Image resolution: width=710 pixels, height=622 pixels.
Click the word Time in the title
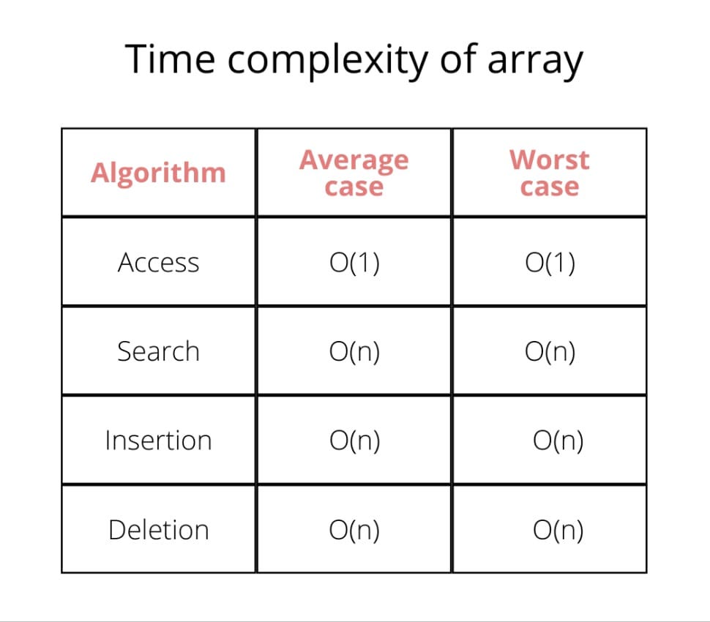[x=170, y=59]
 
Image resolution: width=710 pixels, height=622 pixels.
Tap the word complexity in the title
[x=328, y=61]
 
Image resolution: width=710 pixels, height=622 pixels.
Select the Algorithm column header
[x=158, y=173]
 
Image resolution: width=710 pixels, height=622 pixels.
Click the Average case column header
[x=354, y=173]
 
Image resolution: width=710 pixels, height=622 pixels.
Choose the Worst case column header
[x=549, y=173]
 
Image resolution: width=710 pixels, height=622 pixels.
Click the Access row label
[x=159, y=263]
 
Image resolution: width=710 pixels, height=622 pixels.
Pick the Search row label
[x=159, y=351]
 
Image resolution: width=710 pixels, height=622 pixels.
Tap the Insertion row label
[x=159, y=441]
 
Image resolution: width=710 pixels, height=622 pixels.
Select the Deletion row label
[x=159, y=530]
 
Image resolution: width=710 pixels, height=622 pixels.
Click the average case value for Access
[x=354, y=263]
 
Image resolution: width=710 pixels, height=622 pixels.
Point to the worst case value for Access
[x=550, y=263]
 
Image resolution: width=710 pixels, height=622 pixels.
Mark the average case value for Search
[x=354, y=352]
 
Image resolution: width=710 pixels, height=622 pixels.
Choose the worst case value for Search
[x=550, y=352]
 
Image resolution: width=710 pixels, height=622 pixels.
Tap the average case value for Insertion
[x=354, y=441]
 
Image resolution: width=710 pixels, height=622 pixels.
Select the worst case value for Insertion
[x=558, y=441]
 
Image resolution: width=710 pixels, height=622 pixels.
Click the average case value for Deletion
[x=354, y=530]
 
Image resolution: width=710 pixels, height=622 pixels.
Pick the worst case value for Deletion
[x=558, y=530]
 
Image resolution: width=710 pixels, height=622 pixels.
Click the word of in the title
[x=458, y=59]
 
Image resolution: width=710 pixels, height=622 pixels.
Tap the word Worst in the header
[x=549, y=160]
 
